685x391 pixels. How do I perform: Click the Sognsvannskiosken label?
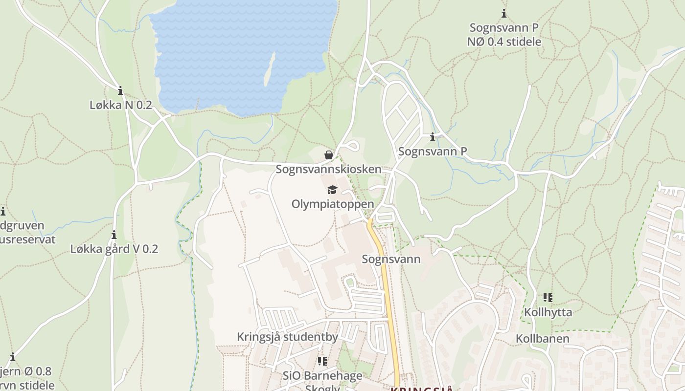click(x=328, y=169)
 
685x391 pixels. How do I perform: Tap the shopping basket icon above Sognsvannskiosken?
click(x=329, y=155)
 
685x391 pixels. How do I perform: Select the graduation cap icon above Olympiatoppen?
click(x=332, y=190)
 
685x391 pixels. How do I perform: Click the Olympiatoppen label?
click(x=333, y=204)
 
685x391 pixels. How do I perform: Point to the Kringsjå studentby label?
click(x=287, y=337)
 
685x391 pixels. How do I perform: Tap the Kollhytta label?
click(x=548, y=312)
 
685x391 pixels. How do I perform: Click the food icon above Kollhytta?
click(x=548, y=297)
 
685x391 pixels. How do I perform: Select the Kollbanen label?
click(x=542, y=339)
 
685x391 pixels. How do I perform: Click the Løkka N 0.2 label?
click(x=120, y=105)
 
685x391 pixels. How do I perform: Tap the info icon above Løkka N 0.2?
click(x=120, y=90)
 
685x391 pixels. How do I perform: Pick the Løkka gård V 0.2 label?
click(x=114, y=249)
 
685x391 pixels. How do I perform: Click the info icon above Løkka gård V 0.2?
click(x=114, y=235)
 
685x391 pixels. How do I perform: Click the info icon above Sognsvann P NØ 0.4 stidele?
click(x=504, y=14)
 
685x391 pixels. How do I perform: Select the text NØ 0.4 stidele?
click(x=504, y=42)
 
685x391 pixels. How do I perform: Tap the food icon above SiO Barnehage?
click(x=322, y=361)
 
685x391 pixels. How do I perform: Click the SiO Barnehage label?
click(x=322, y=375)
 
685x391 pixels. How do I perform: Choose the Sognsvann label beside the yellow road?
click(x=391, y=259)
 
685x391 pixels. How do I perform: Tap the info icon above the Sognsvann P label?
click(x=432, y=137)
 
